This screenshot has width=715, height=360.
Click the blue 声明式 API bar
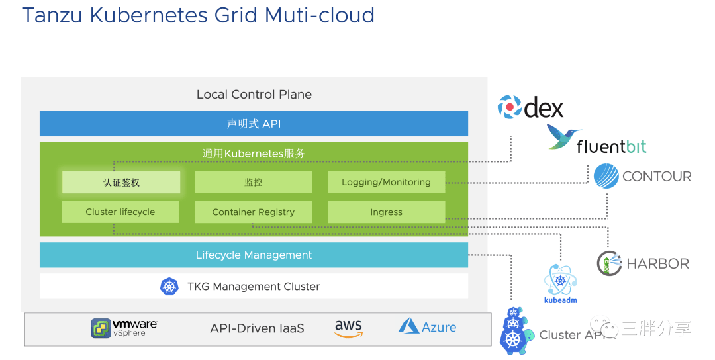pyautogui.click(x=254, y=124)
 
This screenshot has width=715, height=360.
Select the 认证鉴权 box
pyautogui.click(x=121, y=182)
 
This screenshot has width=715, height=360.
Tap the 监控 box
pyautogui.click(x=254, y=182)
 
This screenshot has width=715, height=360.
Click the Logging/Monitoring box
pyautogui.click(x=386, y=182)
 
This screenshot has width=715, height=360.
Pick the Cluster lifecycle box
pyautogui.click(x=120, y=212)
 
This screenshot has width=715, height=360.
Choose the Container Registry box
pyautogui.click(x=254, y=212)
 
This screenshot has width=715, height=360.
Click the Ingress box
pyautogui.click(x=386, y=212)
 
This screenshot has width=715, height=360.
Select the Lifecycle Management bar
pyautogui.click(x=254, y=255)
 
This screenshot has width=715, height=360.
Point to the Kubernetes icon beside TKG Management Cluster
pyautogui.click(x=170, y=287)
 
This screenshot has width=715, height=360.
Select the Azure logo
pyautogui.click(x=428, y=327)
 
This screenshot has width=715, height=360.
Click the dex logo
pyautogui.click(x=530, y=107)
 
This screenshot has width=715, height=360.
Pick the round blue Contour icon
pyautogui.click(x=606, y=176)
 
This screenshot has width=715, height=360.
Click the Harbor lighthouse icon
pyautogui.click(x=609, y=263)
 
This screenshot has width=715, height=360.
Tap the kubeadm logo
pyautogui.click(x=561, y=283)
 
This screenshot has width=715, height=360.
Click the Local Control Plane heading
pyautogui.click(x=254, y=95)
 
